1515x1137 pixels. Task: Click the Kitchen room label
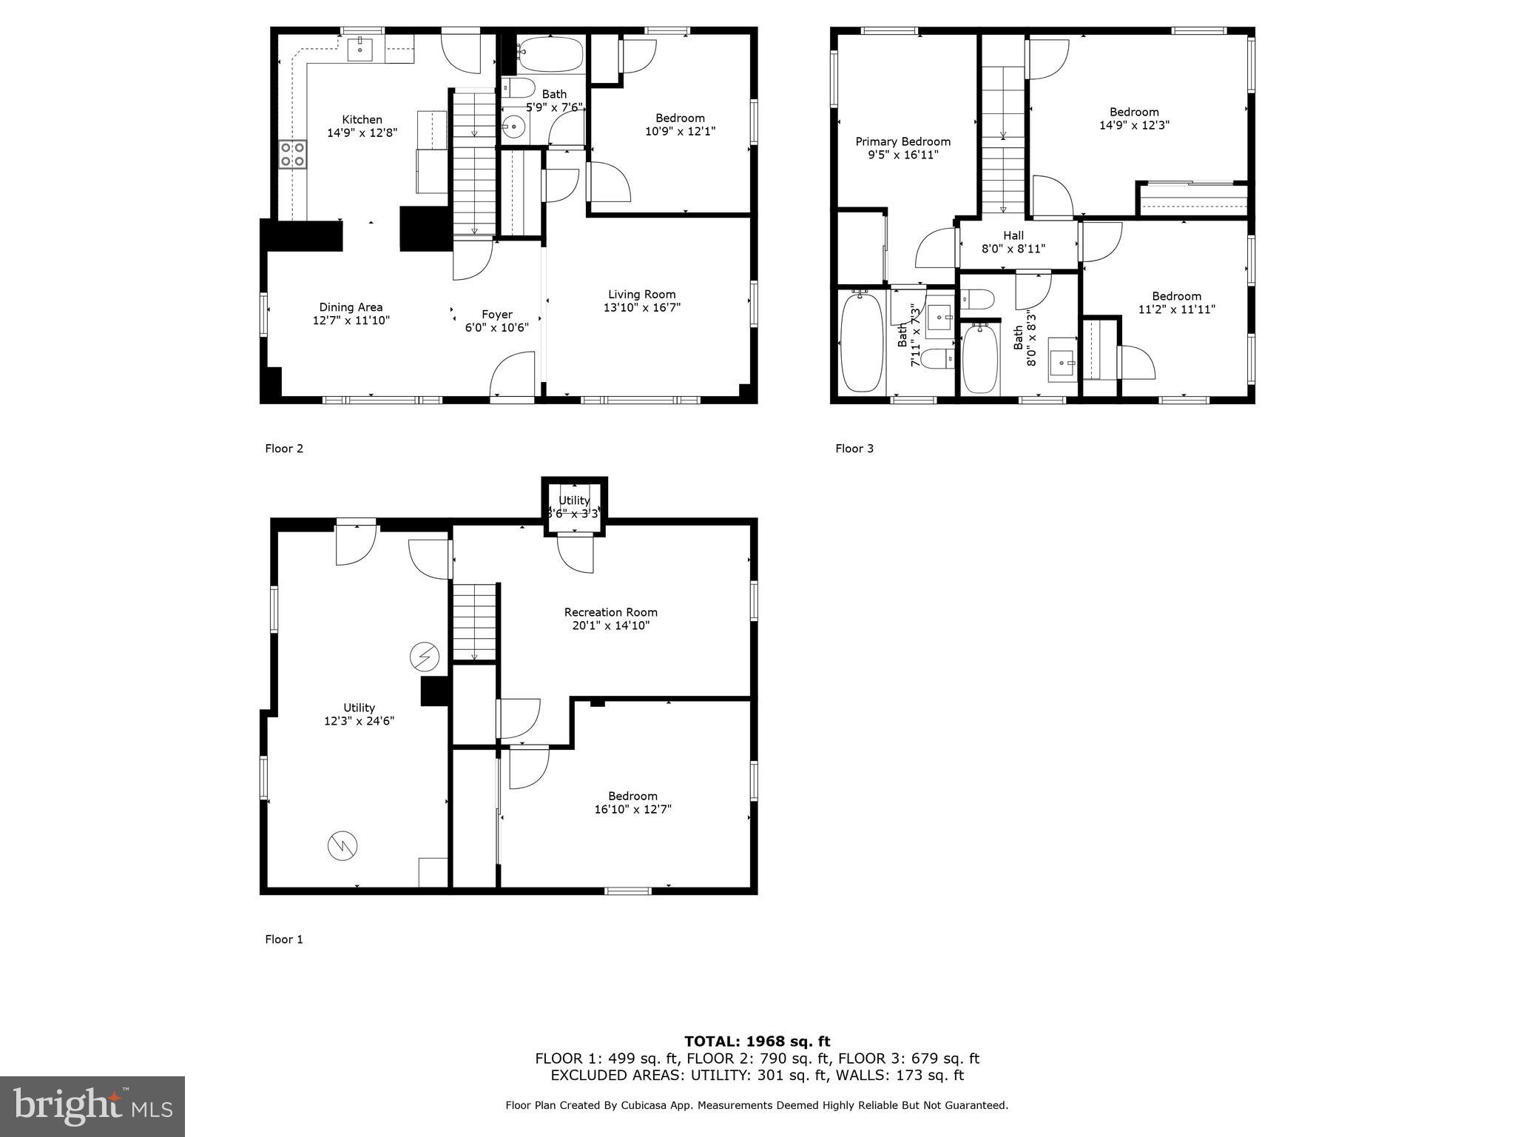[362, 119]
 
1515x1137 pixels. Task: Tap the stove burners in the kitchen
[293, 155]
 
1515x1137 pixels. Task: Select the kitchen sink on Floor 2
[360, 50]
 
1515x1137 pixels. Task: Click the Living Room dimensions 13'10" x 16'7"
[641, 307]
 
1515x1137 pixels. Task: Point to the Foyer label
[496, 314]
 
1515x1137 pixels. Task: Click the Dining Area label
[351, 307]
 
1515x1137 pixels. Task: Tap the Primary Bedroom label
[902, 141]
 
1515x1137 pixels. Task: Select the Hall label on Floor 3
[1013, 235]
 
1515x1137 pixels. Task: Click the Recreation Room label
[610, 612]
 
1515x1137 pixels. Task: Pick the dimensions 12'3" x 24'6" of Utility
[359, 720]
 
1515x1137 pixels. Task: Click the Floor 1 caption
[284, 939]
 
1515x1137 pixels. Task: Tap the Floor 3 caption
[854, 448]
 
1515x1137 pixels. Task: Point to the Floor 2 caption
[284, 448]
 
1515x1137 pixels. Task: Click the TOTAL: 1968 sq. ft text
[757, 1042]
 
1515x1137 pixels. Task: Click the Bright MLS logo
[92, 1106]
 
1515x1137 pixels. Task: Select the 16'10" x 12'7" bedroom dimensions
[632, 809]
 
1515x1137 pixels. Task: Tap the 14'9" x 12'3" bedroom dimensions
[1134, 125]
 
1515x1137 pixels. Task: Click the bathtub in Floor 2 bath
[550, 53]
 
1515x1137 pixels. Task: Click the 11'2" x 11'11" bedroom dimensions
[1176, 309]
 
